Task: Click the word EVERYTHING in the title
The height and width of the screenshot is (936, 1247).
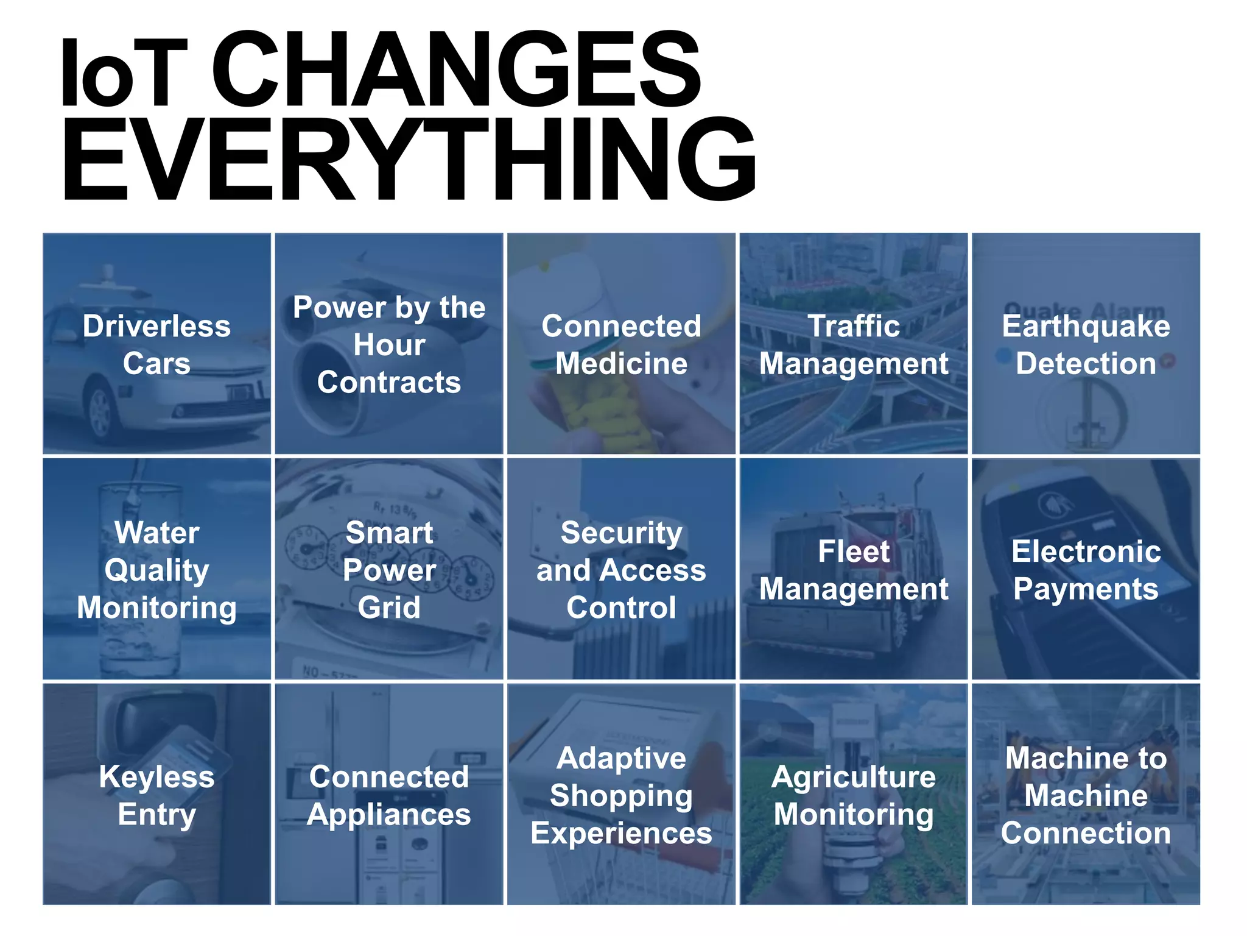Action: tap(408, 160)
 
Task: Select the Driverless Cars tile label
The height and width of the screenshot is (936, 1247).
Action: tap(156, 344)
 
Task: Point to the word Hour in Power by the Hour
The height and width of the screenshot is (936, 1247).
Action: tap(389, 345)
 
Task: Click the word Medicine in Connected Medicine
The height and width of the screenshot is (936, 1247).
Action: tap(621, 364)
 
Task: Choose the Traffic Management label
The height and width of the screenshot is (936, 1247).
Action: tap(853, 345)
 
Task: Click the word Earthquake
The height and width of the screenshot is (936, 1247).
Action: tap(1086, 327)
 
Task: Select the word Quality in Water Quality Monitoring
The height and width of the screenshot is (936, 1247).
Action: tap(156, 571)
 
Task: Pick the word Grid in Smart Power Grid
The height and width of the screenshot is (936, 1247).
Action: tap(389, 608)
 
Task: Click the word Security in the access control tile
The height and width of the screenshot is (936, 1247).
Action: tap(621, 533)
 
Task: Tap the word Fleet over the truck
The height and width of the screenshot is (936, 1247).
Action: tap(853, 552)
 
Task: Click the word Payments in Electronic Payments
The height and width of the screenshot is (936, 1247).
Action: tap(1086, 589)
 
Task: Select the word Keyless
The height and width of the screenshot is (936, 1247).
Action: tap(156, 778)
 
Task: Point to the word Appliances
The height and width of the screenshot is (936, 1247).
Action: tap(389, 815)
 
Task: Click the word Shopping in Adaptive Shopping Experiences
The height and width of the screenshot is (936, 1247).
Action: tap(621, 796)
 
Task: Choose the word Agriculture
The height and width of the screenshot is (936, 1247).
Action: tap(853, 778)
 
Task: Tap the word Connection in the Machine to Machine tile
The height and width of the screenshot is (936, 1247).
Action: tap(1086, 833)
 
